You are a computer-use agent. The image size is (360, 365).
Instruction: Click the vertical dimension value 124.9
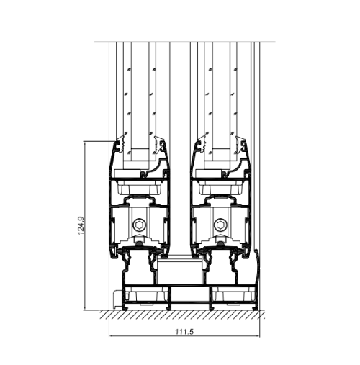pos(81,225)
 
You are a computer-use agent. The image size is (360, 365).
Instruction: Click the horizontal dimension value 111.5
pos(184,332)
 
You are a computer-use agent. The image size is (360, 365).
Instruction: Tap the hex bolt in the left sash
pos(138,225)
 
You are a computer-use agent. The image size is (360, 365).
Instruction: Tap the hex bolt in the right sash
pos(220,225)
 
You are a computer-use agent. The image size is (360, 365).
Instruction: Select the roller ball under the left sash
pos(138,243)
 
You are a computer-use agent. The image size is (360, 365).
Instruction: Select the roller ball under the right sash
pos(220,243)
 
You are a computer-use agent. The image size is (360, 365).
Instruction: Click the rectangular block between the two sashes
pos(179,272)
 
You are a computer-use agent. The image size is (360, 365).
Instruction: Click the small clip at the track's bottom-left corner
pos(117,299)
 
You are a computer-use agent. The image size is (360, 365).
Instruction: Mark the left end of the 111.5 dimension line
pos(109,336)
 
